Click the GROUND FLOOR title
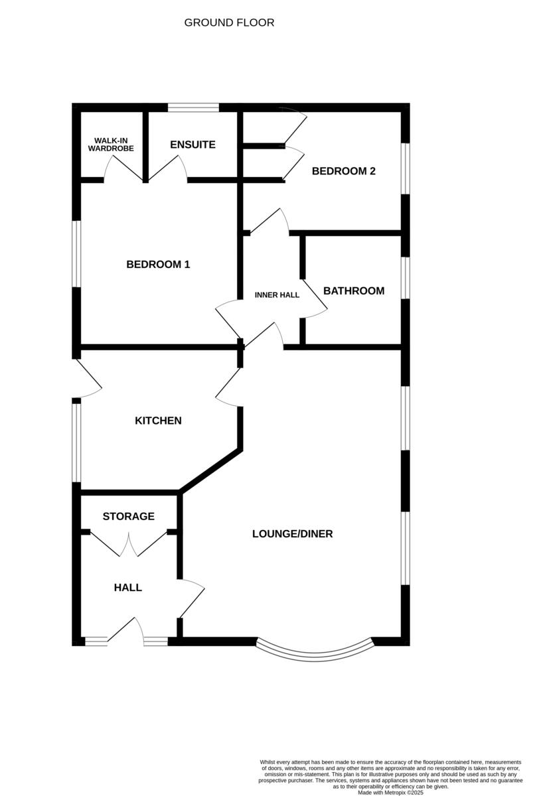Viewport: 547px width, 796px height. [x=229, y=23]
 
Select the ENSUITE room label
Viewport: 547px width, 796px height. [x=193, y=145]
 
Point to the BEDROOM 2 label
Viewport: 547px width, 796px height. [x=343, y=171]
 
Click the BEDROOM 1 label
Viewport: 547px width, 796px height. [x=158, y=265]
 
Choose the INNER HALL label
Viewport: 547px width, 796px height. [x=277, y=295]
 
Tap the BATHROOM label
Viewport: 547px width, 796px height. [x=353, y=291]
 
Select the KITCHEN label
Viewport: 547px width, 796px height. [x=158, y=421]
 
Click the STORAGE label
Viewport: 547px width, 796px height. [x=128, y=516]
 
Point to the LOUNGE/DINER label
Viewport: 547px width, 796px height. [x=292, y=534]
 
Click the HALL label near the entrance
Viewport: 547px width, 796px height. [x=127, y=588]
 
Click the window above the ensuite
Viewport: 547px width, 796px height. [x=193, y=107]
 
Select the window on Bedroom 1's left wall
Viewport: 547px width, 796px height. [x=76, y=254]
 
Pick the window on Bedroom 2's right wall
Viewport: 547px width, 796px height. [x=406, y=168]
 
